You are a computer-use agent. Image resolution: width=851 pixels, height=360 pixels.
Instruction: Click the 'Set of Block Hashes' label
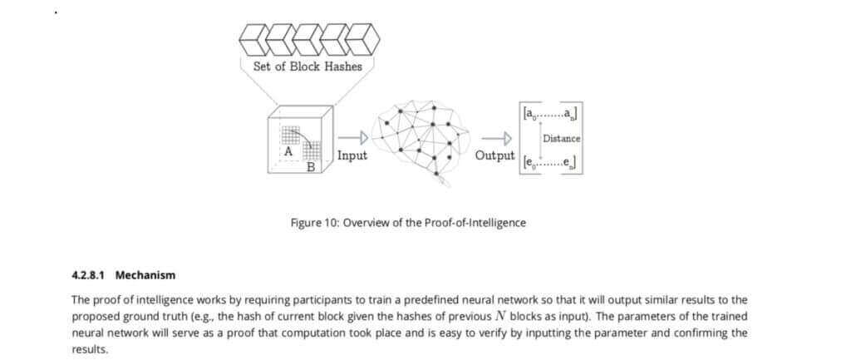(307, 67)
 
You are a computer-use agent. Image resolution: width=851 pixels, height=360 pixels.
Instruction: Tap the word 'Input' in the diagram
(352, 155)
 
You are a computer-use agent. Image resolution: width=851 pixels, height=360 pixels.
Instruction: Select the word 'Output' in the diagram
(494, 155)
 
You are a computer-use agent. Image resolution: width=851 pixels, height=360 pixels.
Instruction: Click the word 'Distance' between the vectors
(561, 138)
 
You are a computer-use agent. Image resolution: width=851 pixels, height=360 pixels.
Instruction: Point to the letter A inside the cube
(288, 152)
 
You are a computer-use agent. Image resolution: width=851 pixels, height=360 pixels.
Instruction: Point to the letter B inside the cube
(311, 167)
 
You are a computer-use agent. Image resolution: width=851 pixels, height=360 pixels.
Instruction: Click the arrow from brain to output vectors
(495, 138)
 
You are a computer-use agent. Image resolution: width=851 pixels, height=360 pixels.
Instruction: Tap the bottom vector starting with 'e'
(548, 164)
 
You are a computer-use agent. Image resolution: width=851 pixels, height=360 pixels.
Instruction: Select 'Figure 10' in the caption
(314, 223)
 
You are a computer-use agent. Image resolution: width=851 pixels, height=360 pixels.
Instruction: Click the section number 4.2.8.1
(90, 275)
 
